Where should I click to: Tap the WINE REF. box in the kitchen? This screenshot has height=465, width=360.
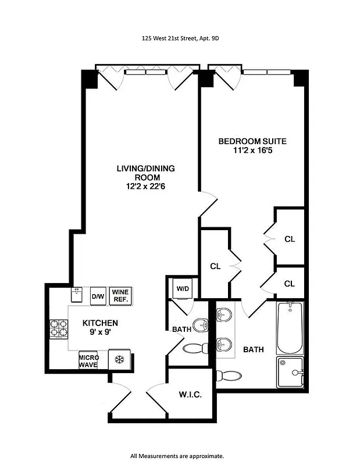(x=120, y=295)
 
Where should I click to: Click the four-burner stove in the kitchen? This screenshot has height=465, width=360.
(x=59, y=330)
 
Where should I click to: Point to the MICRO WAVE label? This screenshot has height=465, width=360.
(x=88, y=360)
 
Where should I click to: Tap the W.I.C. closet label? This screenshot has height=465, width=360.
(x=190, y=395)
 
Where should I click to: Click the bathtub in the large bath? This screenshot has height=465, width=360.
(x=290, y=328)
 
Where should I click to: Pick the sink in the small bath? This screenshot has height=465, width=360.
(x=199, y=324)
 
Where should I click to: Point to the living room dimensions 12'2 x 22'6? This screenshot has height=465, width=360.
(x=145, y=187)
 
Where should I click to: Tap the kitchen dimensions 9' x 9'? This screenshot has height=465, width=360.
(x=100, y=333)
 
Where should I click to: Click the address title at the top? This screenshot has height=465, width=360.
(x=180, y=40)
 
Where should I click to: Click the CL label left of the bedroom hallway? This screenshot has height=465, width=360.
(x=215, y=266)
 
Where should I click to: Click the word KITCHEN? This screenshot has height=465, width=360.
(x=100, y=323)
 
